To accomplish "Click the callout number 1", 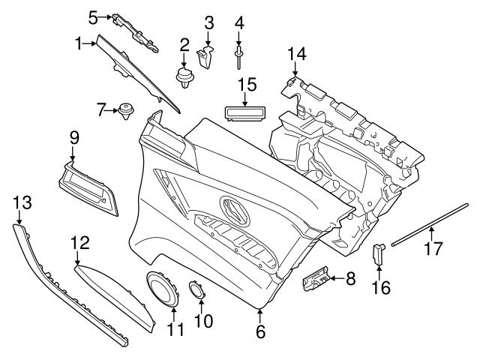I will (x=78, y=44).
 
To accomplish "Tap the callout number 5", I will (x=94, y=16).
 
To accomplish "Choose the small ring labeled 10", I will (x=196, y=289).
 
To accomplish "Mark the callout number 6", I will (x=260, y=331).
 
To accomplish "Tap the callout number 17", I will (x=433, y=247).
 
